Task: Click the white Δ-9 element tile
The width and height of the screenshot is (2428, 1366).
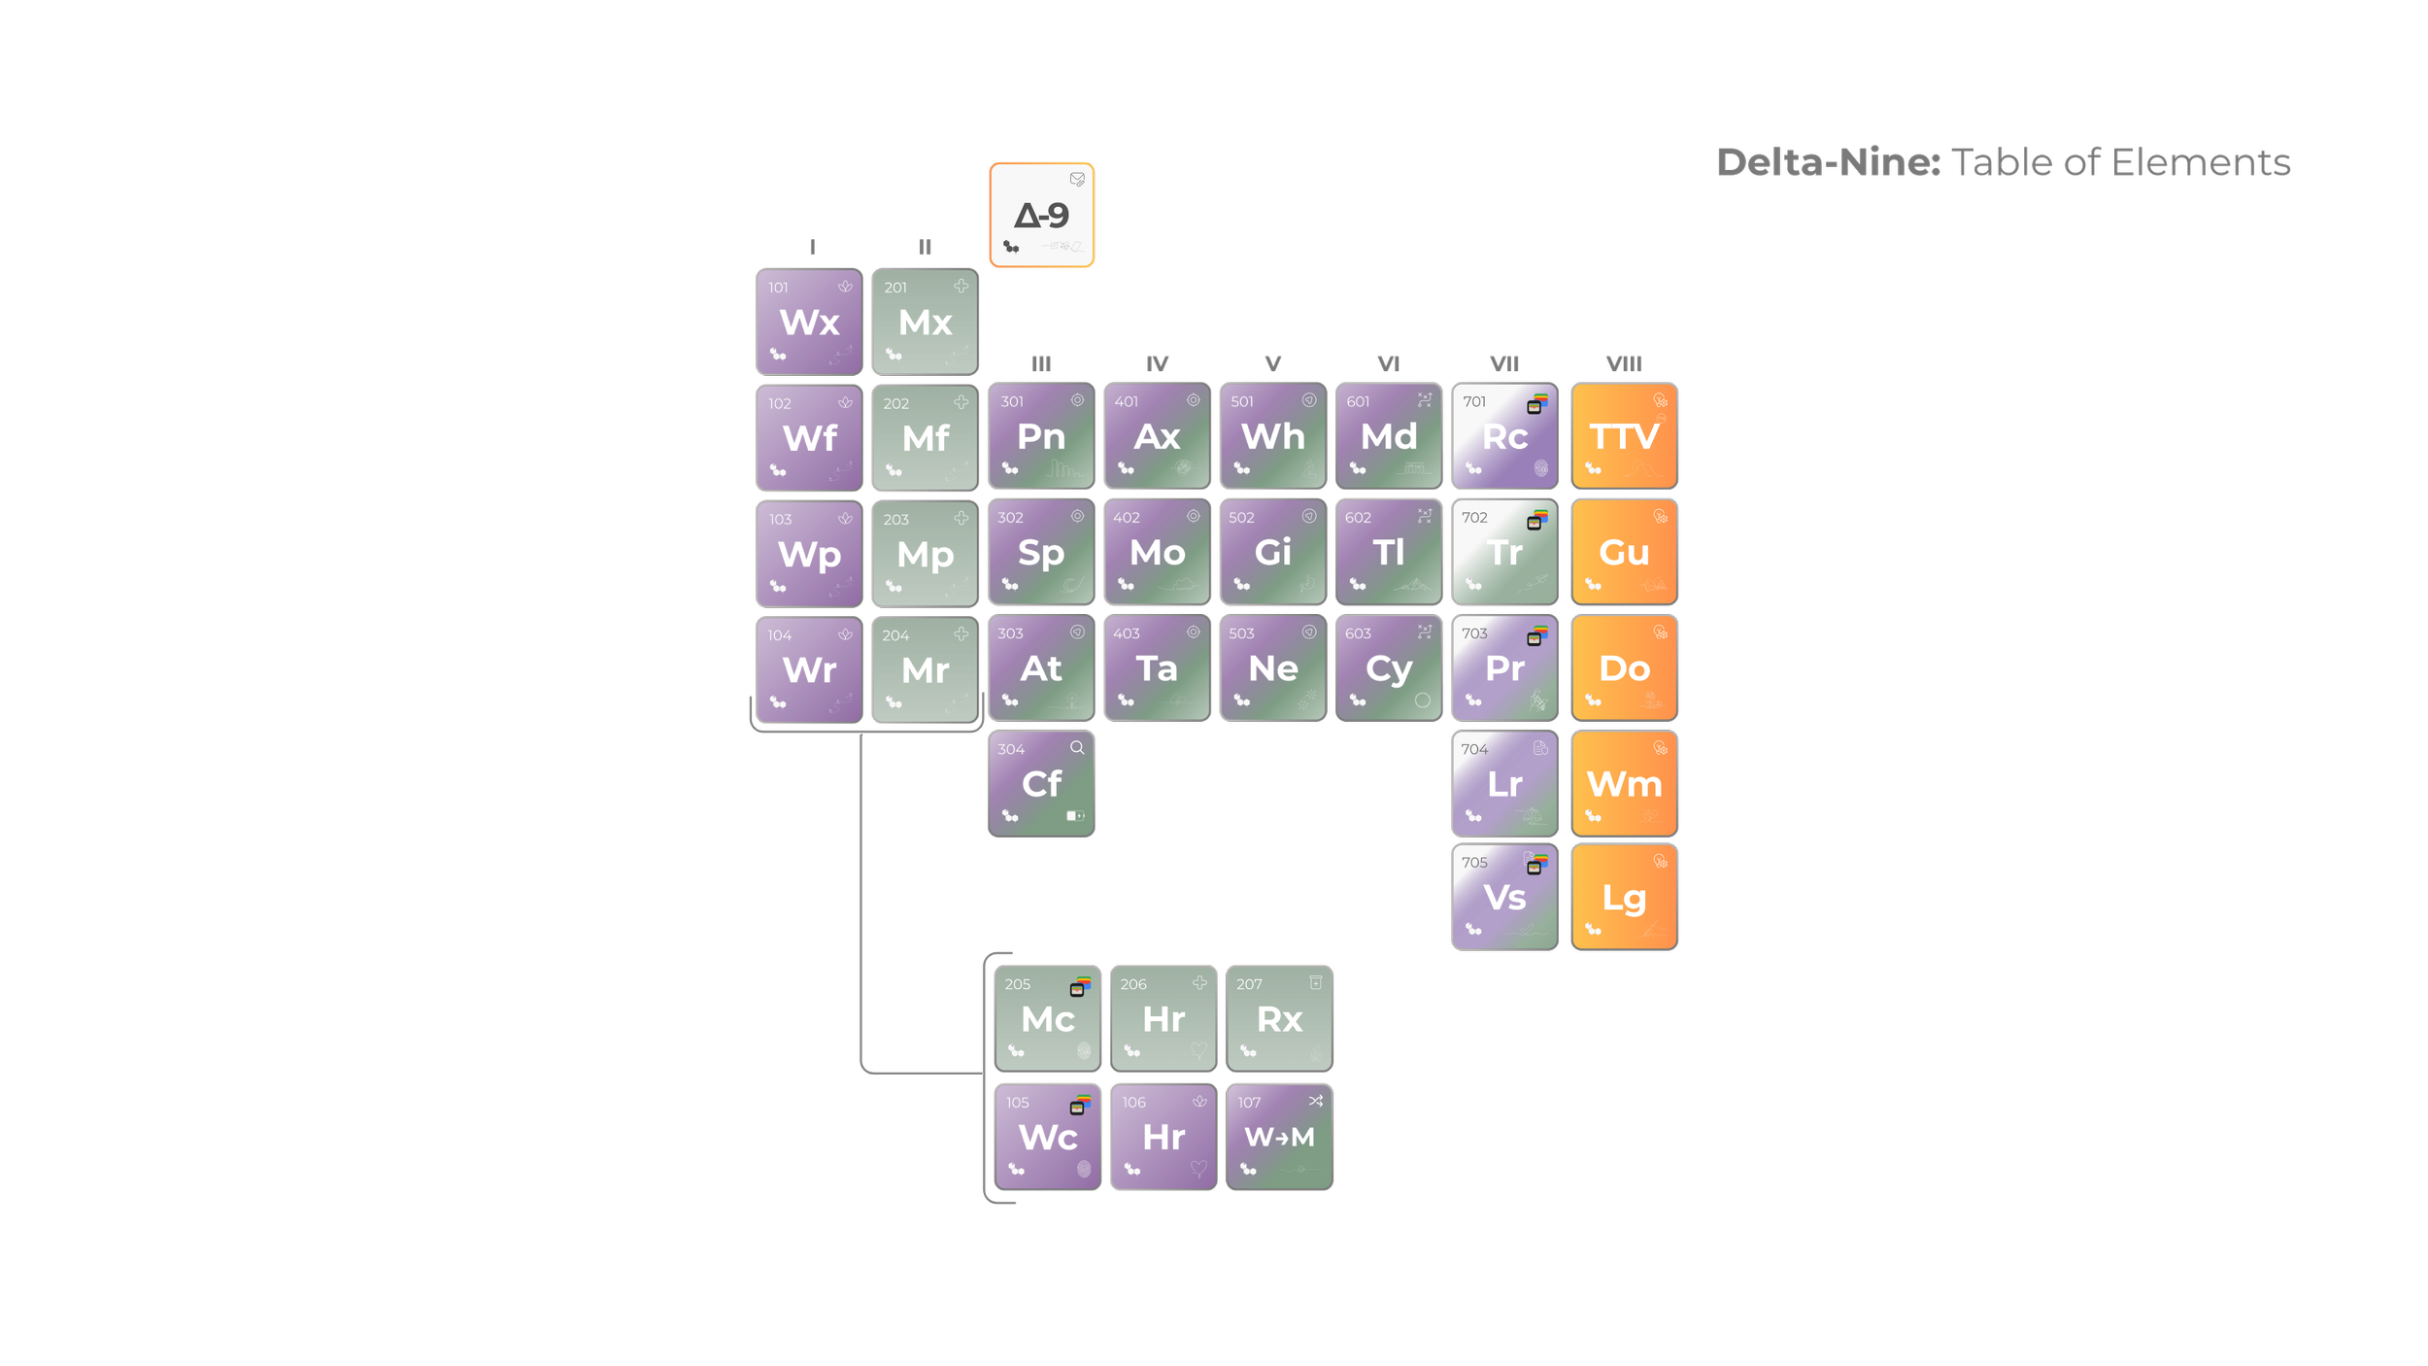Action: tap(1041, 215)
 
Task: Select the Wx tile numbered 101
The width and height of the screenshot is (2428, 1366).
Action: tap(809, 322)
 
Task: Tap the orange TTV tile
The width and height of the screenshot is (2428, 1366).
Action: tap(1624, 436)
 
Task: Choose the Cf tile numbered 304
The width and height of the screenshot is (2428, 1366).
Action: tap(1041, 784)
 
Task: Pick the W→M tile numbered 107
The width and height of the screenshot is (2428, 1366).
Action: tap(1279, 1137)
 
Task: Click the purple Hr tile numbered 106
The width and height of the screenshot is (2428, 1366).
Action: tap(1163, 1137)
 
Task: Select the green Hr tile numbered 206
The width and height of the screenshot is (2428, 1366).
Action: tap(1163, 1019)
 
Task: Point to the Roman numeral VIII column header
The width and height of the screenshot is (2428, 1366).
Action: tap(1624, 364)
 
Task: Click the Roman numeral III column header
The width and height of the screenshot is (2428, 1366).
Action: tap(1041, 364)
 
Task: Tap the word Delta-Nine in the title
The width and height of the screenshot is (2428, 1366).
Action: tap(1828, 163)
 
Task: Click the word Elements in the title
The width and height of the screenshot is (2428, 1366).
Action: tap(2201, 163)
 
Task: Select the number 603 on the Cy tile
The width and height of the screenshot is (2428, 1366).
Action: tap(1358, 633)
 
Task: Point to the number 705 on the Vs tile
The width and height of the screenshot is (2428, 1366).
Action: tap(1474, 863)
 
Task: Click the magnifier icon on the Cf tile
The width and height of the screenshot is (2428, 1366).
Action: tap(1077, 747)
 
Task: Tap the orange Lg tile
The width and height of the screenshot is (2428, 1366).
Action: tap(1624, 898)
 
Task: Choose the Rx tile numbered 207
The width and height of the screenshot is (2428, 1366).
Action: tap(1279, 1019)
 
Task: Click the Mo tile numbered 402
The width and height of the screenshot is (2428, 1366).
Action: tap(1157, 553)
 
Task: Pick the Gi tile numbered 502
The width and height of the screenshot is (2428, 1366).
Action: tap(1272, 553)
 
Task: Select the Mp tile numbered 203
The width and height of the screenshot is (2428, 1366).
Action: tap(925, 555)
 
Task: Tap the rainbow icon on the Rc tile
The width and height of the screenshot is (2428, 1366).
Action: tap(1537, 403)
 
